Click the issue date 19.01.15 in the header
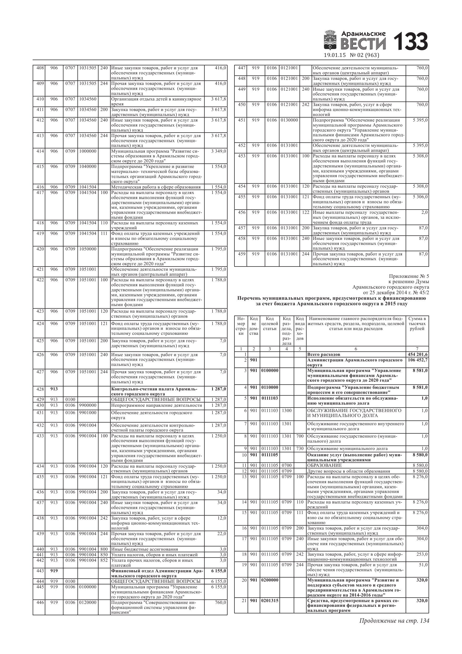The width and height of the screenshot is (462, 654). pos(335,55)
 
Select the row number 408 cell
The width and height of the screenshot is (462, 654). pos(39,68)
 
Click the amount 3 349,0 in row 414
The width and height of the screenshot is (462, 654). pos(218,151)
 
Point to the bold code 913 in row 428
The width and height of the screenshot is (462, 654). pos(54,389)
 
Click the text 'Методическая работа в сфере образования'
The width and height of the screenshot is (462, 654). pos(156,187)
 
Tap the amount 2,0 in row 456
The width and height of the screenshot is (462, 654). pos(424,212)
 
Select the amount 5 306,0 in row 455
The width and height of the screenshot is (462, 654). pos(420,197)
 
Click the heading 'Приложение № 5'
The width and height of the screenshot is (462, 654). pos(409,276)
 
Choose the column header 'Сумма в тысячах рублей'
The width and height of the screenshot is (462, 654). pos(417,324)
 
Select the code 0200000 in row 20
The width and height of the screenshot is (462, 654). pos(269,580)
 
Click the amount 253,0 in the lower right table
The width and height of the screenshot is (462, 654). pos(422,554)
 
